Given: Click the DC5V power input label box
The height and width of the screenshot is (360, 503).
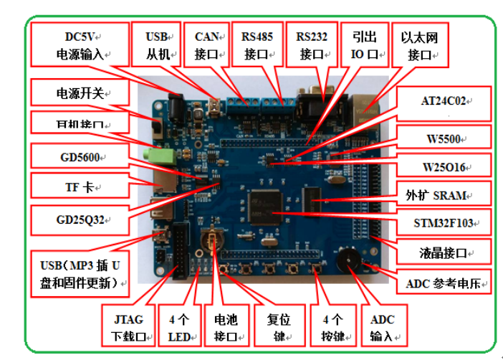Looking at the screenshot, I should tap(80, 44).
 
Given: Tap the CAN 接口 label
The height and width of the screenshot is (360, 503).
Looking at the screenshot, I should tap(206, 44).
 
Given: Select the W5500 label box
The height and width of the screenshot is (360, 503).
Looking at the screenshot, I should tap(445, 136).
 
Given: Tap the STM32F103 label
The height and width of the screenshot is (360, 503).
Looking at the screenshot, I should tap(445, 221).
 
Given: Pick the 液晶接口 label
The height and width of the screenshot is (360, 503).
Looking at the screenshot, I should tap(445, 252).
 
